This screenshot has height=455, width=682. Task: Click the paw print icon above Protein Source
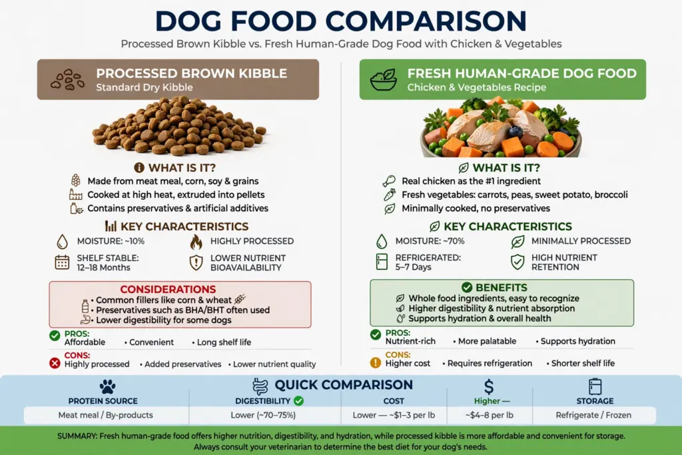coord(107,386)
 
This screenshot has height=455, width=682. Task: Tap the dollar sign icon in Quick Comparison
coord(489,386)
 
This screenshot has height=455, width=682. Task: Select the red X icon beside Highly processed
coord(55,363)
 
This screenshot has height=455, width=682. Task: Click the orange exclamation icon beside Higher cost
coord(376,362)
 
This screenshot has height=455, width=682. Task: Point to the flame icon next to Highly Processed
coord(196,242)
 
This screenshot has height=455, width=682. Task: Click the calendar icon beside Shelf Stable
coord(62,262)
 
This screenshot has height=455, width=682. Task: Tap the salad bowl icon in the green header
coord(383,79)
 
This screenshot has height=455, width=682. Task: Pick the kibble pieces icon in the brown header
coord(67,79)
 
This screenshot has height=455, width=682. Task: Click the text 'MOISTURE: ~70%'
coord(430,241)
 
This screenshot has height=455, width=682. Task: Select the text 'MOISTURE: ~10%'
coord(111,241)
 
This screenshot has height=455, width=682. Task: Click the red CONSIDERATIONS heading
coord(168,289)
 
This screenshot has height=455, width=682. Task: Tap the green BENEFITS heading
coord(501,288)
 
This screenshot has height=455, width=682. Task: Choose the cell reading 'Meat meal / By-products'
coord(106,415)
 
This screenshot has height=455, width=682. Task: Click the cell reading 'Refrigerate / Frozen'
coord(593,415)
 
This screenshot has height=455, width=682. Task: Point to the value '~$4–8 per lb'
coord(490,415)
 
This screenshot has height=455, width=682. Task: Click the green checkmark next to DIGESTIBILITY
coord(299,400)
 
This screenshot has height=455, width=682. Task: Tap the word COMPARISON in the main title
coord(426,21)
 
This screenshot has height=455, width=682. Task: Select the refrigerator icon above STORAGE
coord(595,386)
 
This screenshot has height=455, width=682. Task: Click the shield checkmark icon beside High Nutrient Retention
coord(517,262)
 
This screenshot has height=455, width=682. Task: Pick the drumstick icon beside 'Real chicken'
coord(389,181)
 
